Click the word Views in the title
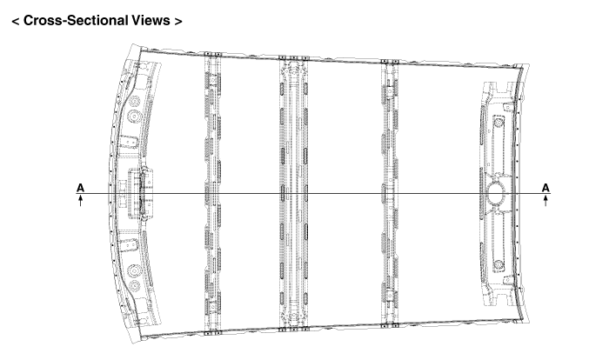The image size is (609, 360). pos(151,20)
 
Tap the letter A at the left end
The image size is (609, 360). pos(80,188)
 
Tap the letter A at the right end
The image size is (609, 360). pos(545,188)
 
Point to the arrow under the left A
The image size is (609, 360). pos(80,200)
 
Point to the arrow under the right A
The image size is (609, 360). pos(545,200)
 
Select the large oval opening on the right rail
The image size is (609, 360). pos(496,193)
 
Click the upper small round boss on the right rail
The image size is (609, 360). pos(499,123)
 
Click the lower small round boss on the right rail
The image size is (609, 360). pos(499,265)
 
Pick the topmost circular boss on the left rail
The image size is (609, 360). pos(135,102)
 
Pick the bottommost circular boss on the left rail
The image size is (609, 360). pos(135,285)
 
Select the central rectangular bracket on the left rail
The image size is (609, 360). pos(140,193)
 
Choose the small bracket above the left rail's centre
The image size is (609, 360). pos(128,142)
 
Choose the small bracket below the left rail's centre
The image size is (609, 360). pos(128,245)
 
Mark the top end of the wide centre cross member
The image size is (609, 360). pos(294,58)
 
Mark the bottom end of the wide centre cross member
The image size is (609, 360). pos(294,330)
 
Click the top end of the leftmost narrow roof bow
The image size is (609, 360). pos(212,55)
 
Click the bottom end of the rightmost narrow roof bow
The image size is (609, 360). pos(390,325)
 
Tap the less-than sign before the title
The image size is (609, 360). pos(16,21)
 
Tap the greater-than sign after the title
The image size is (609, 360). pos(177,21)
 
